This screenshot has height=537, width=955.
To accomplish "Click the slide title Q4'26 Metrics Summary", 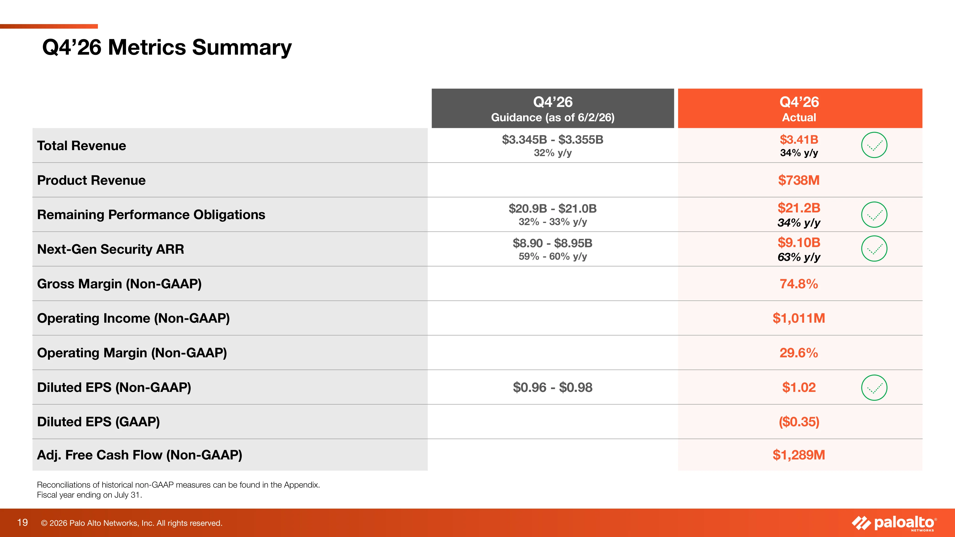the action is click(167, 48).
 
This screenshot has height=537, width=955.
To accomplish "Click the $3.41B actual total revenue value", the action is click(799, 139).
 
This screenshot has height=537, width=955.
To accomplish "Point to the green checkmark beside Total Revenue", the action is click(874, 145).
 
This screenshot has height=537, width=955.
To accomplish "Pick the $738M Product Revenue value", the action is click(799, 180).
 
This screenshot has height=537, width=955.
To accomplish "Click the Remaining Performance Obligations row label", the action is click(151, 215).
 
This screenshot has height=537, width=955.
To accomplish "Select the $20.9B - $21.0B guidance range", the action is click(553, 208).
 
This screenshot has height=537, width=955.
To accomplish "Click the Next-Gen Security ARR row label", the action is click(111, 249).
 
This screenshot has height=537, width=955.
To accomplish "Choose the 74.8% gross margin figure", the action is click(799, 284).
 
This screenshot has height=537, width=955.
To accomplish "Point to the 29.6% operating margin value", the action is click(799, 353).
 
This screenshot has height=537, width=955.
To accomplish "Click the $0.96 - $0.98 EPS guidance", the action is click(553, 387).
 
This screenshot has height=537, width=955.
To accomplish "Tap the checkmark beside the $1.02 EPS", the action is click(874, 388).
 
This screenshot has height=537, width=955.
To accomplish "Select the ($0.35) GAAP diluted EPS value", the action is click(799, 422).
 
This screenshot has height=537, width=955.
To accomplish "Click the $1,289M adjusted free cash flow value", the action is click(799, 455).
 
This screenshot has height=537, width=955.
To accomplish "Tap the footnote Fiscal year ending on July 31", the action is click(89, 495).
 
